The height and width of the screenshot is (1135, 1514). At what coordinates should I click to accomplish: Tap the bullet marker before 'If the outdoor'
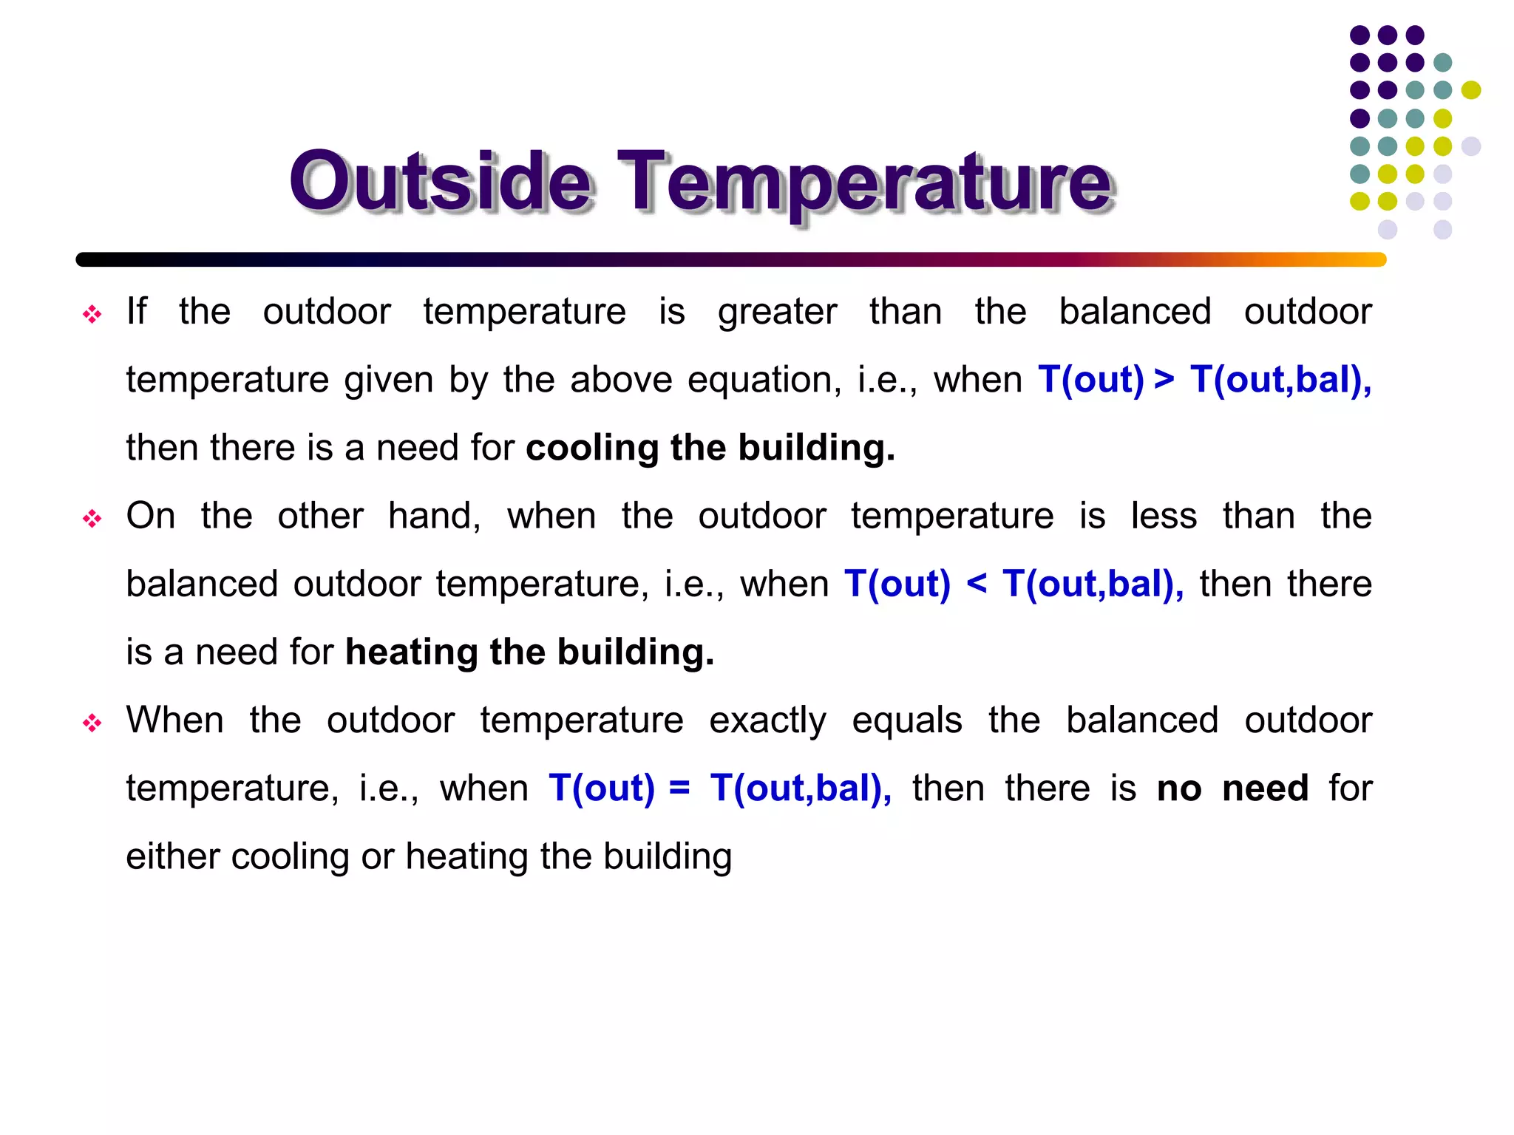pos(92,315)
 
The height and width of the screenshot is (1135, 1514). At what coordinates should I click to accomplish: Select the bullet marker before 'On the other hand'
pos(92,519)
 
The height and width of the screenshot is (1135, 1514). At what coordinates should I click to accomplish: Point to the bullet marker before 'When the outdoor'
pos(92,723)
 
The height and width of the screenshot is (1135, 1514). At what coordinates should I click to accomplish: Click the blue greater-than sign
pos(1164,380)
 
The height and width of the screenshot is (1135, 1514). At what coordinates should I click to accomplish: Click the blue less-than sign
pos(976,584)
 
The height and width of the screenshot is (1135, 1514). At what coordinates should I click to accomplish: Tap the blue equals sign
pos(679,788)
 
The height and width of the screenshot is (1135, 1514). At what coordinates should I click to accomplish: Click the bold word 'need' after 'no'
pos(1265,788)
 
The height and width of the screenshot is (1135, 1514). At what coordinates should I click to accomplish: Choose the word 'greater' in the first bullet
pos(777,312)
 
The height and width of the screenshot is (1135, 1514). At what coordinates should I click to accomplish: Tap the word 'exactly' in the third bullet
pos(767,721)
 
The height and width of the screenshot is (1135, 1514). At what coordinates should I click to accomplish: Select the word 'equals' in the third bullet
pos(906,721)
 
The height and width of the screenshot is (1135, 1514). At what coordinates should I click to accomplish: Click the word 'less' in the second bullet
pos(1164,516)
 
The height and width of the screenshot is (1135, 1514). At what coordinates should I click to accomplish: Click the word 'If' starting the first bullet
pos(136,311)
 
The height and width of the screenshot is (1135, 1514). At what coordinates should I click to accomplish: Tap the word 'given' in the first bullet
pos(388,380)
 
